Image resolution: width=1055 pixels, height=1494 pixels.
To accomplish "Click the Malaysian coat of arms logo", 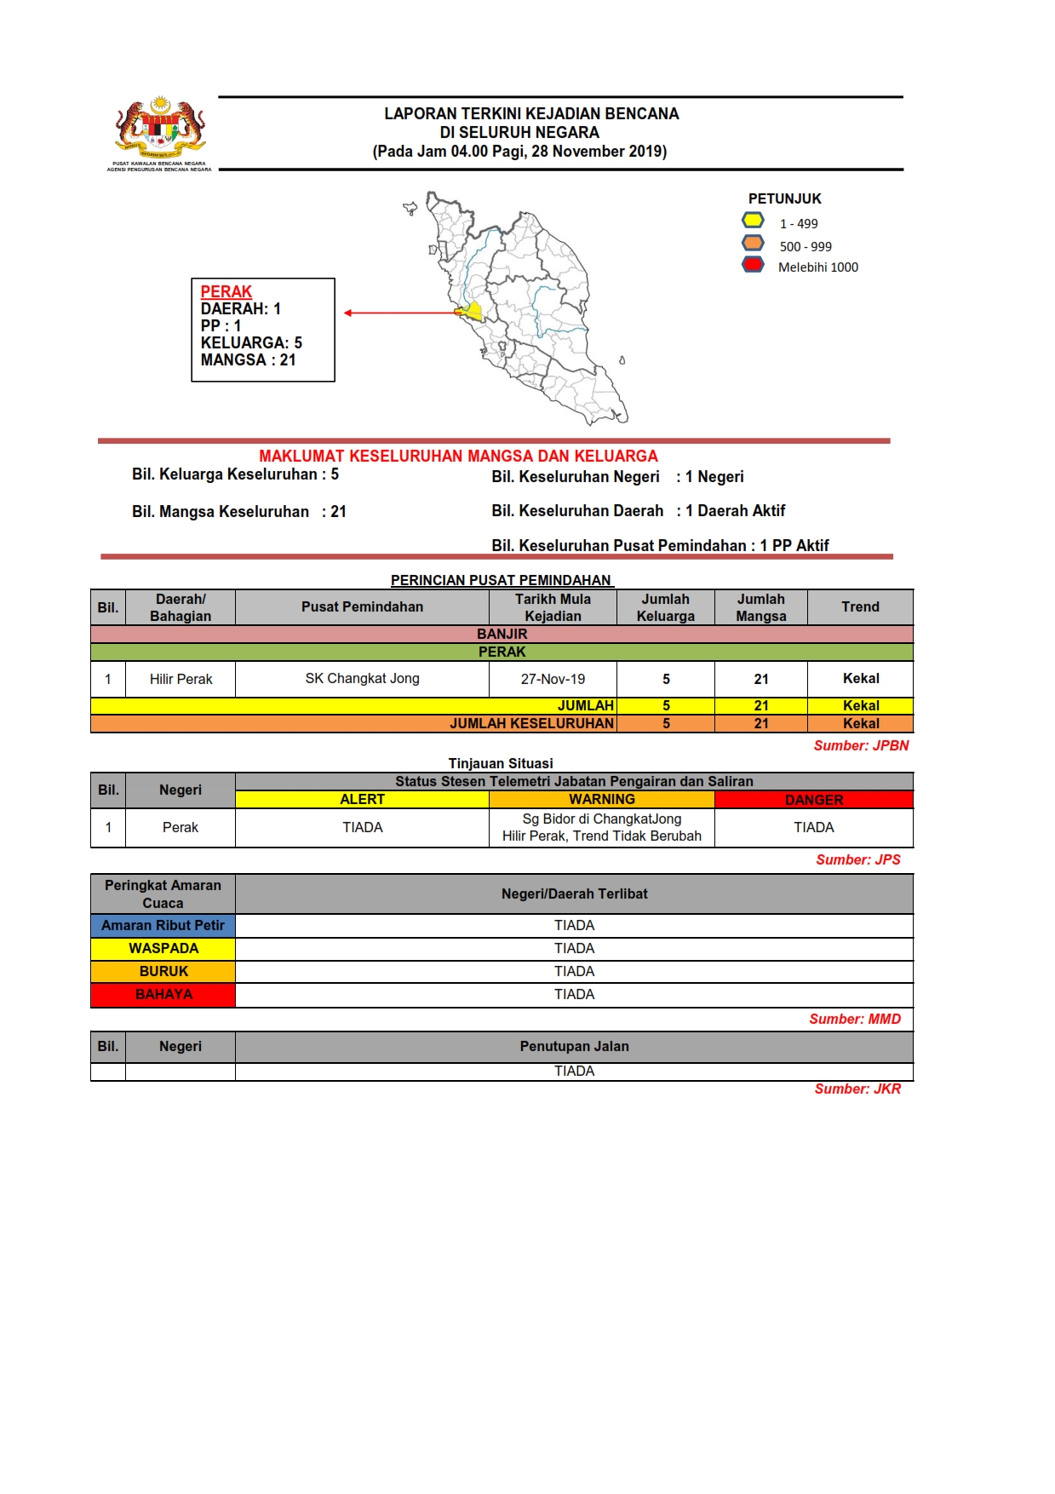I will [160, 129].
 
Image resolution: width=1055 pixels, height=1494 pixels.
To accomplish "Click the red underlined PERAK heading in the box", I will [226, 291].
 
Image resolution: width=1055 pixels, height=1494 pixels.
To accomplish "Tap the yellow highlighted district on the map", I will [473, 311].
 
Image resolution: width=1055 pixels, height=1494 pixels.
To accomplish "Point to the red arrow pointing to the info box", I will [400, 313].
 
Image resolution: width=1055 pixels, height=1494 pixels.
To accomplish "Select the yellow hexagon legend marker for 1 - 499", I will [753, 221].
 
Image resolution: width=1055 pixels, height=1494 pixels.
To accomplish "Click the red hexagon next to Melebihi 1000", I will [753, 265].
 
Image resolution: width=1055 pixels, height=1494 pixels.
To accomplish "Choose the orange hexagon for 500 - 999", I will [753, 244].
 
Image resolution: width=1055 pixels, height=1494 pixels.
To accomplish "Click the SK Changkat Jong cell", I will [362, 679].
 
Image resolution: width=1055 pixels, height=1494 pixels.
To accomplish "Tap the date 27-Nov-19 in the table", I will [553, 679].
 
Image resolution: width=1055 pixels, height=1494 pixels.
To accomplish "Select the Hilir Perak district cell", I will [181, 679].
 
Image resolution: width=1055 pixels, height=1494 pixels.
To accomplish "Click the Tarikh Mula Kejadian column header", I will [553, 607].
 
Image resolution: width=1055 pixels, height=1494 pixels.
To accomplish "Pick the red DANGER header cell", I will [814, 800].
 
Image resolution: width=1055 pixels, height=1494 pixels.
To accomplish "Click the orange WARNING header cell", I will [601, 799].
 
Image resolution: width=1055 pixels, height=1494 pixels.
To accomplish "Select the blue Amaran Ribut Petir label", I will [163, 926].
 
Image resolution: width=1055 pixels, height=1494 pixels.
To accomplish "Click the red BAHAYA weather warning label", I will [163, 995].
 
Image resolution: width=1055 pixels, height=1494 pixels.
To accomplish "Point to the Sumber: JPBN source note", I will [861, 745].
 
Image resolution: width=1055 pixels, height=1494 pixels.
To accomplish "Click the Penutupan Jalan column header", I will [574, 1046].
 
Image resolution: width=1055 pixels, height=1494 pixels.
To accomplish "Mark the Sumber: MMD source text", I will [855, 1019].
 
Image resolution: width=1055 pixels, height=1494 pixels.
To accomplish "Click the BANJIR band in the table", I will [502, 634].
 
